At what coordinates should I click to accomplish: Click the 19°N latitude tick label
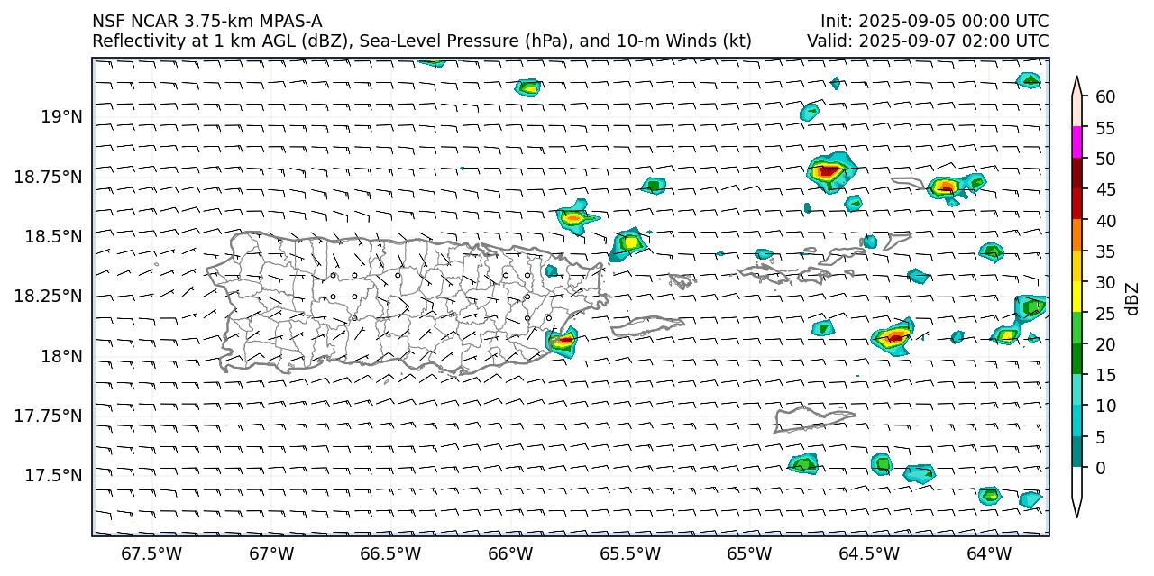[61, 116]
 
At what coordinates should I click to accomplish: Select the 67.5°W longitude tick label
[151, 553]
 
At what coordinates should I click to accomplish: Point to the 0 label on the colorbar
[1100, 468]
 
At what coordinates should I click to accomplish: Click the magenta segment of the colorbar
[1076, 143]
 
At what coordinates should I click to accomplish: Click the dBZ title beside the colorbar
[1132, 298]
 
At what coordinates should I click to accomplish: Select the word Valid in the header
[827, 41]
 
